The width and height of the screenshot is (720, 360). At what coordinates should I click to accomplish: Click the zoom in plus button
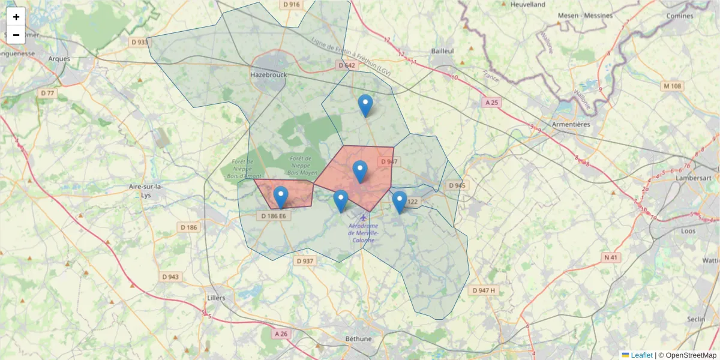point(16,17)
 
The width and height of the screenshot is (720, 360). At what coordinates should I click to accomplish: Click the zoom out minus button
point(16,35)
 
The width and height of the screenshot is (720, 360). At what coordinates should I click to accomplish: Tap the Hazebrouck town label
point(268,74)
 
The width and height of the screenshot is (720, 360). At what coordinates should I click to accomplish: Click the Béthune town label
point(359,338)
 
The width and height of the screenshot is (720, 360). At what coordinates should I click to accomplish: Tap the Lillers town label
point(215,298)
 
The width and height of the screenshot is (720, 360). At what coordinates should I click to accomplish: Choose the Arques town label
point(59,59)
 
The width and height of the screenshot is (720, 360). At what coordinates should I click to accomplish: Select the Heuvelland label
point(527,4)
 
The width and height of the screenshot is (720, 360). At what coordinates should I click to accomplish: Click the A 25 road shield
point(491,103)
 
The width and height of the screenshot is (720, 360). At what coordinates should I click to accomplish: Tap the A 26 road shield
point(281,333)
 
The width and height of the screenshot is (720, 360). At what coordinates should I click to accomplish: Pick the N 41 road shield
point(611,257)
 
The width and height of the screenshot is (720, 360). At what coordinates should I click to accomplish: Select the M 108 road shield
point(673,86)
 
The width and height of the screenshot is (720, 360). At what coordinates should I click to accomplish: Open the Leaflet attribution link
point(641,355)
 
